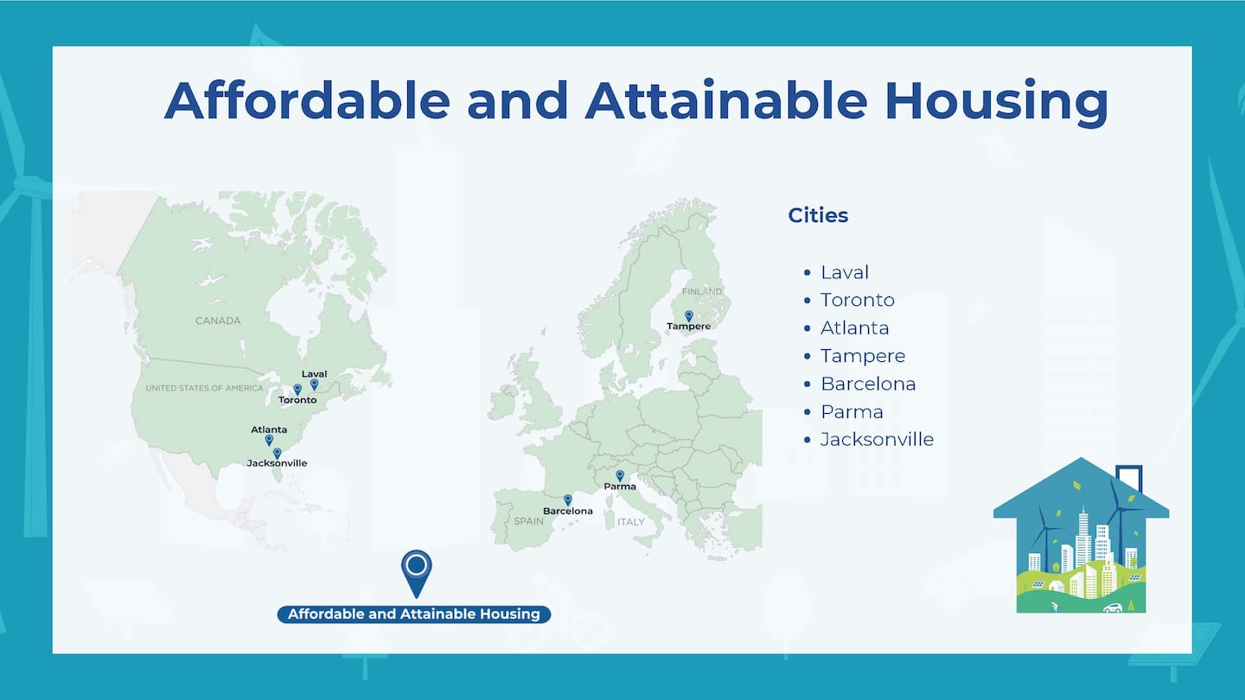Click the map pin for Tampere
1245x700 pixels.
[688, 315]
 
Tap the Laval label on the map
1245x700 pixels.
[314, 374]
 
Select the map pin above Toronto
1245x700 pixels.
[297, 389]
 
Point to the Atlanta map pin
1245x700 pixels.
[269, 440]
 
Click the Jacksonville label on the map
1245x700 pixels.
[277, 463]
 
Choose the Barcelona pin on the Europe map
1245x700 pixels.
[567, 500]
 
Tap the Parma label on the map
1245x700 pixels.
[620, 487]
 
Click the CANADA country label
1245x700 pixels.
[218, 321]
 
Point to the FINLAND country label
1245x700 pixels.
[702, 292]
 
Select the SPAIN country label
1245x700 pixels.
[528, 521]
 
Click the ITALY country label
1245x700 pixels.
[631, 522]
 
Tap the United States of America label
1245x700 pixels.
[205, 388]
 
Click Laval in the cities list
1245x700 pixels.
[845, 272]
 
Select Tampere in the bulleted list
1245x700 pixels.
[863, 355]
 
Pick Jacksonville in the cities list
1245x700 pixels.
[877, 439]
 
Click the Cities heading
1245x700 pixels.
[818, 215]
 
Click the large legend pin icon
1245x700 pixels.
[417, 573]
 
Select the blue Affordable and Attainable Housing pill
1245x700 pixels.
[414, 614]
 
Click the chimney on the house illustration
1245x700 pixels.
[1129, 479]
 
